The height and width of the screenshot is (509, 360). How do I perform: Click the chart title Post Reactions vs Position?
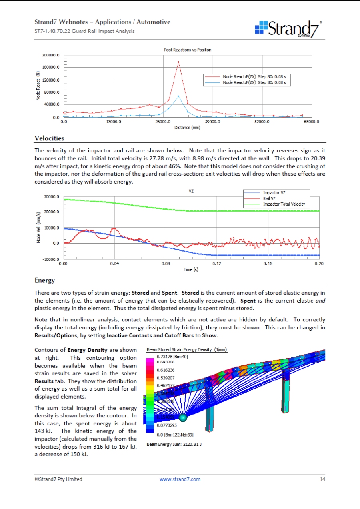188,50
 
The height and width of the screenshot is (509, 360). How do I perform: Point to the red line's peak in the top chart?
178,62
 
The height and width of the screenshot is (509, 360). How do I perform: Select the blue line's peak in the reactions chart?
178,96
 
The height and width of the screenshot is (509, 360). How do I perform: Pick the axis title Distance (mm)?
187,128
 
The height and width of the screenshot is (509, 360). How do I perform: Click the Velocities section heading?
49,138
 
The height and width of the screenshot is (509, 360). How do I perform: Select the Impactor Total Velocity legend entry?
284,204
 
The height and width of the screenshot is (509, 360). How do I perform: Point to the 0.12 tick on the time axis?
217,264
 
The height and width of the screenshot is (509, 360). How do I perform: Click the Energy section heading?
44,281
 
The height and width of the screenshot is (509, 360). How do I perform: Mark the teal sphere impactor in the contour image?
183,418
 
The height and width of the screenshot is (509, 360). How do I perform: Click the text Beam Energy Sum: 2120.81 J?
174,444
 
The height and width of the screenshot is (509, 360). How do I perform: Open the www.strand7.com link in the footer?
180,479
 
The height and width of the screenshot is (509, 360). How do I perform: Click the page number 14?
322,479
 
